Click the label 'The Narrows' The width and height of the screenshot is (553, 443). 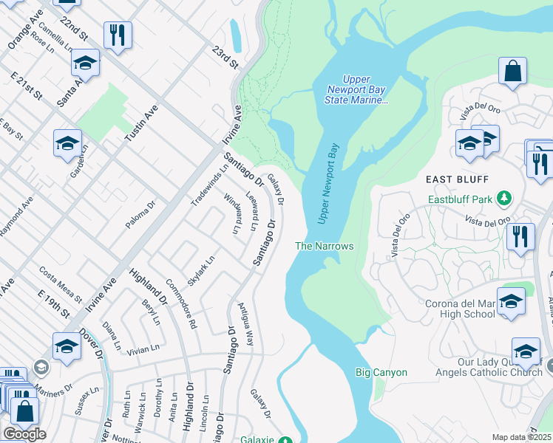(325, 246)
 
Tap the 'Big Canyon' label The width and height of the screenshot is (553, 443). (381, 372)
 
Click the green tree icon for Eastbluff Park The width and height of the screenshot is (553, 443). (504, 198)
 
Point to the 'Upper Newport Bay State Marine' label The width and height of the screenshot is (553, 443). (357, 89)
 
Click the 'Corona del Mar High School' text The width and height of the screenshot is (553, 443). (460, 309)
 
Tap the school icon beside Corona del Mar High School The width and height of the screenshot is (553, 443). (511, 302)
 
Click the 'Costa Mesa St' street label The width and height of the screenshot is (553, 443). (61, 284)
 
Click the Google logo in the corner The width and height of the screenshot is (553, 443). (24, 434)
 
